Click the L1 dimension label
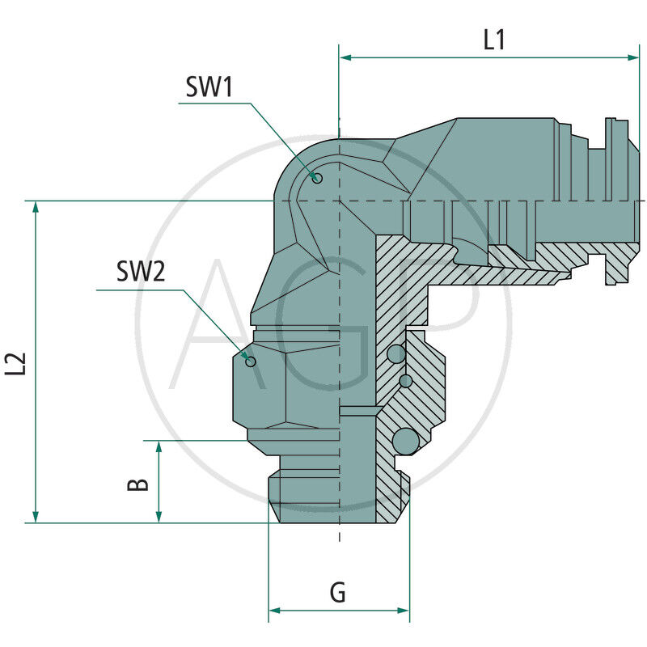click(x=494, y=40)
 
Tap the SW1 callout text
click(x=209, y=87)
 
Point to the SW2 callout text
click(x=141, y=272)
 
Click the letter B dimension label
click(x=138, y=484)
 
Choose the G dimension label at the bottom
click(x=338, y=593)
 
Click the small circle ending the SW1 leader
click(x=318, y=179)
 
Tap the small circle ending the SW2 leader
click(x=251, y=361)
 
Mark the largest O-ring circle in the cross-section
click(x=405, y=441)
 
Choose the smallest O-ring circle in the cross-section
click(x=406, y=380)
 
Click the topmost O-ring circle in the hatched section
click(x=397, y=353)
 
